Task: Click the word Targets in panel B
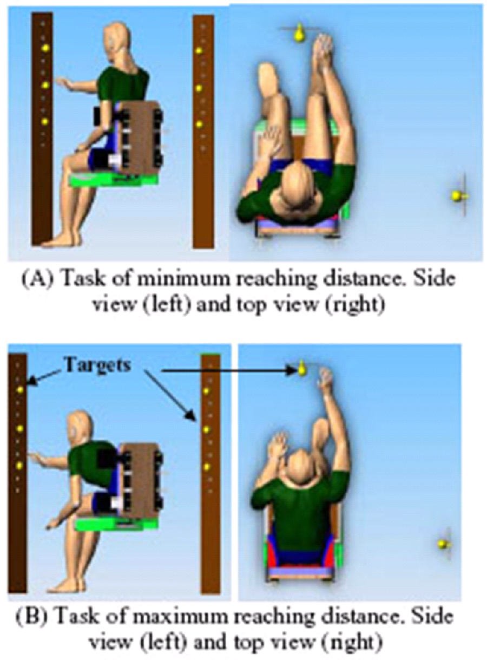tap(97, 364)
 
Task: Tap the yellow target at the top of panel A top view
tap(299, 34)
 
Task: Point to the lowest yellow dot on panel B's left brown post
tap(20, 465)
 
